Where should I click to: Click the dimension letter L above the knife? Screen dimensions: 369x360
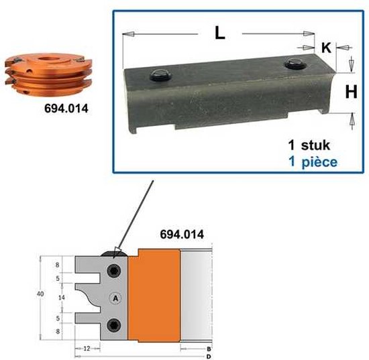[x=220, y=33]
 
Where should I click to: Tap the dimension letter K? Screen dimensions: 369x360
[x=326, y=48]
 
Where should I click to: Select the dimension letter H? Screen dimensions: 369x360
[x=351, y=92]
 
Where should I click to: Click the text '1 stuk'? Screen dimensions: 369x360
[x=309, y=145]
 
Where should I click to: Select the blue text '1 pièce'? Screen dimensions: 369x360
[x=313, y=162]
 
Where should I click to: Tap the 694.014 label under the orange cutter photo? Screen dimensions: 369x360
[x=66, y=109]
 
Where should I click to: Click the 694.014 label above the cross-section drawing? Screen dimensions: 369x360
[x=182, y=235]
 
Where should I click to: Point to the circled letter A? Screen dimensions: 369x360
[x=115, y=298]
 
